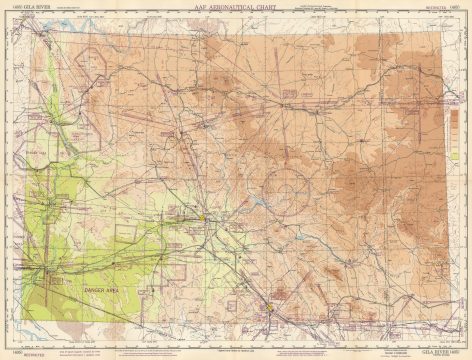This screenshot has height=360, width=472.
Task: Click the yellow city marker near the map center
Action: pyautogui.click(x=203, y=215)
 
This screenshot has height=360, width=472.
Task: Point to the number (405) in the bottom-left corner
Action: pyautogui.click(x=6, y=353)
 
